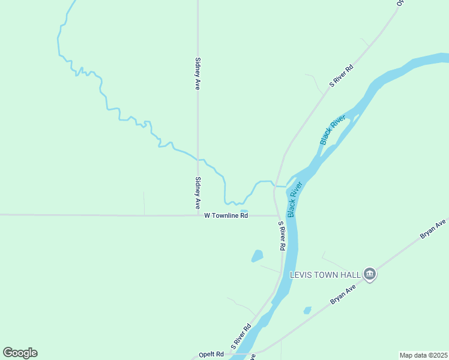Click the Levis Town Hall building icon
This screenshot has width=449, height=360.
click(370, 275)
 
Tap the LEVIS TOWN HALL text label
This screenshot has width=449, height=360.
click(325, 275)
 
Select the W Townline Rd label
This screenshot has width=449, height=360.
click(226, 215)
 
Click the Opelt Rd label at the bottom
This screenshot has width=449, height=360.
click(211, 354)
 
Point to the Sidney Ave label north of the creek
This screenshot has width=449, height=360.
click(197, 73)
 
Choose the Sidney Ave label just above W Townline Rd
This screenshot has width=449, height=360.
click(197, 193)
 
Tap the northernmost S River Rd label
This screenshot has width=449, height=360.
click(342, 76)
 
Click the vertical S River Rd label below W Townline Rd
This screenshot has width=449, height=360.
click(281, 236)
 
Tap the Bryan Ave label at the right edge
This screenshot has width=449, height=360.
click(432, 229)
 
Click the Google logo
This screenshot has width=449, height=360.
click(20, 353)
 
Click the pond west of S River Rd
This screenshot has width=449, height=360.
click(258, 256)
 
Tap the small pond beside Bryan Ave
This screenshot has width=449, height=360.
click(307, 310)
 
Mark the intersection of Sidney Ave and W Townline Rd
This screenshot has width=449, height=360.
click(198, 215)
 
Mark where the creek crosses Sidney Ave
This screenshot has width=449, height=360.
click(198, 159)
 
